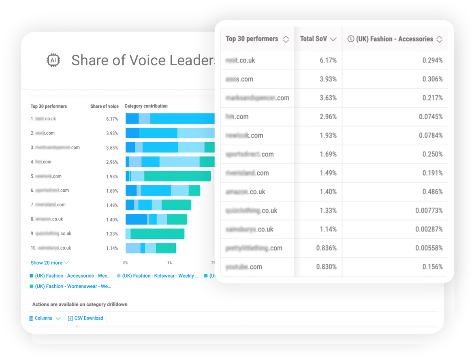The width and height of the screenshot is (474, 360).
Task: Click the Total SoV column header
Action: coord(318,39)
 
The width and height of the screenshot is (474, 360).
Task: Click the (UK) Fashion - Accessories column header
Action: coord(395,39)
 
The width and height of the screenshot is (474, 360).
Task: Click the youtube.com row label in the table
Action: coord(244,267)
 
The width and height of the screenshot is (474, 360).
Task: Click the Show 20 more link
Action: coord(49,263)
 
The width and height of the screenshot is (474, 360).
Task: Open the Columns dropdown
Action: coord(45,318)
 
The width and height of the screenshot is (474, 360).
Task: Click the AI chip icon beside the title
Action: coord(53,60)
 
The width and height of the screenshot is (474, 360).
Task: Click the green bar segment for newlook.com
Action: coord(177,176)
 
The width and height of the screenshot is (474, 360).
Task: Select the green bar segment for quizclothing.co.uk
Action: coord(157,234)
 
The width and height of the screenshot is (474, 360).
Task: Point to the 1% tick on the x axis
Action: coord(169,263)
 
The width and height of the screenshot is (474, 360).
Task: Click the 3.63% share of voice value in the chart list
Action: coord(112,148)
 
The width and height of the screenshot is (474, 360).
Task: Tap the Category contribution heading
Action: coord(146,106)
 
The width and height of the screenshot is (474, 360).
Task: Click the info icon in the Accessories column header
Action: coord(351,39)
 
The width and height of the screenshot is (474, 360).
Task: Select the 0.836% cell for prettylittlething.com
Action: coord(326,248)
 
